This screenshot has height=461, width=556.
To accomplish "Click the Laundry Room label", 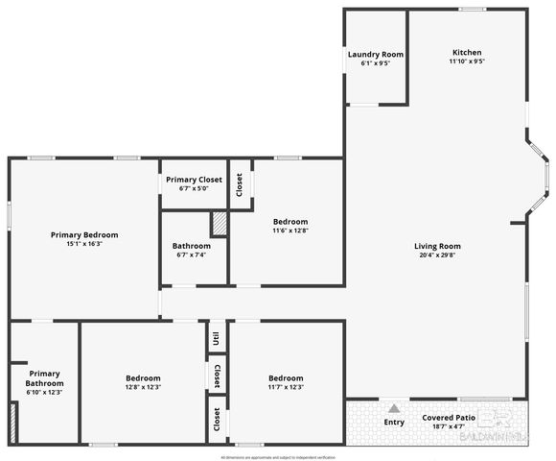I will tap(376, 55).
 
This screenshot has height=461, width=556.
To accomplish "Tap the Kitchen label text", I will tap(467, 52).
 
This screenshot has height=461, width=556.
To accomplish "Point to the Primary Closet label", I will tap(194, 180).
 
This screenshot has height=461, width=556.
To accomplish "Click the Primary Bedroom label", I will tap(84, 234).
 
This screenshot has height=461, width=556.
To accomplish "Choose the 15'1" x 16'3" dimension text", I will tap(84, 244).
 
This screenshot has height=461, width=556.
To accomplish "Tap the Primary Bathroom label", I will tap(45, 378).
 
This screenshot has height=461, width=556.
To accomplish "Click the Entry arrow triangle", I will tap(393, 408).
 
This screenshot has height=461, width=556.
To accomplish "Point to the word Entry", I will tap(394, 422).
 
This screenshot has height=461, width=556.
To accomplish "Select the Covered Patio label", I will tap(449, 418).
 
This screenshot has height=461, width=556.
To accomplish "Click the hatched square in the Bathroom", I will tap(219, 223).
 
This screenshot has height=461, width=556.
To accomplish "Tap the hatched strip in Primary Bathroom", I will tap(13, 423).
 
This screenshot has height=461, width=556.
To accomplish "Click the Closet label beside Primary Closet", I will tap(240, 182).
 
